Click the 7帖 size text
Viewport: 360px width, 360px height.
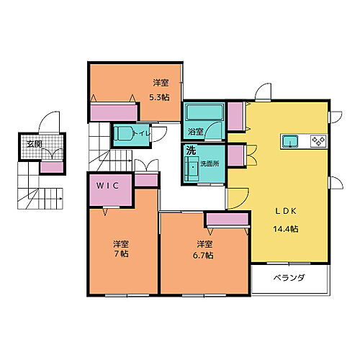122,254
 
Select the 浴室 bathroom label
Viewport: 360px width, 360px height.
195,132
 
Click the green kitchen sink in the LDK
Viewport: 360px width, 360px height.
290,140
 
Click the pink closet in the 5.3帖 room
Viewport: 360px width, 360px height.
113,112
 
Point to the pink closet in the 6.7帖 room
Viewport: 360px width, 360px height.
219,220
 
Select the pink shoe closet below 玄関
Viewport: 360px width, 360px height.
51,167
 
